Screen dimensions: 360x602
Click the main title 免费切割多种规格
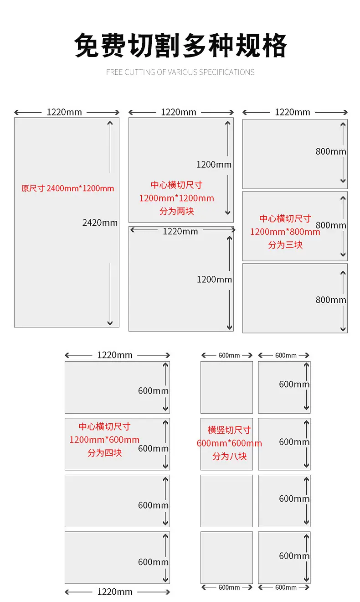(180, 46)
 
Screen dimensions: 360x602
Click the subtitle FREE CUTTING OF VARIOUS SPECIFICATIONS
(180, 73)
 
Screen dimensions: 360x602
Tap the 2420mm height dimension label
(100, 223)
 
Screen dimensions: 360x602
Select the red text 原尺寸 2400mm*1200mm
(67, 188)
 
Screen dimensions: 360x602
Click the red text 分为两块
(177, 211)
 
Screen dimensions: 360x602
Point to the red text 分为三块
(285, 245)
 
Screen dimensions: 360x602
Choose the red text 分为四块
(104, 453)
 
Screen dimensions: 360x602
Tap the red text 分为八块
(229, 456)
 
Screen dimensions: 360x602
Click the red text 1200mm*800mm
(285, 232)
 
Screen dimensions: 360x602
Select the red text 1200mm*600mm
(104, 440)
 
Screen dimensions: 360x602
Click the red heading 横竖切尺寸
(229, 430)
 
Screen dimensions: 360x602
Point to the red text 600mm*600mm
(229, 443)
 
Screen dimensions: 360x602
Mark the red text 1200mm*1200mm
(177, 198)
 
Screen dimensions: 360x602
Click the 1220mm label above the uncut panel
(64, 112)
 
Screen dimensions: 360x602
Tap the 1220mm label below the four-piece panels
(115, 592)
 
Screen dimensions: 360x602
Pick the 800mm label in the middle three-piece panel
(331, 225)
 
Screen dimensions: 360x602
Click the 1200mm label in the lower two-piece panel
(214, 280)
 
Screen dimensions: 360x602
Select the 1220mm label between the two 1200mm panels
(180, 231)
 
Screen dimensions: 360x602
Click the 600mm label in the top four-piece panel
(153, 391)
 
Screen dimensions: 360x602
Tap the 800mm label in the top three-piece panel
(331, 151)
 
